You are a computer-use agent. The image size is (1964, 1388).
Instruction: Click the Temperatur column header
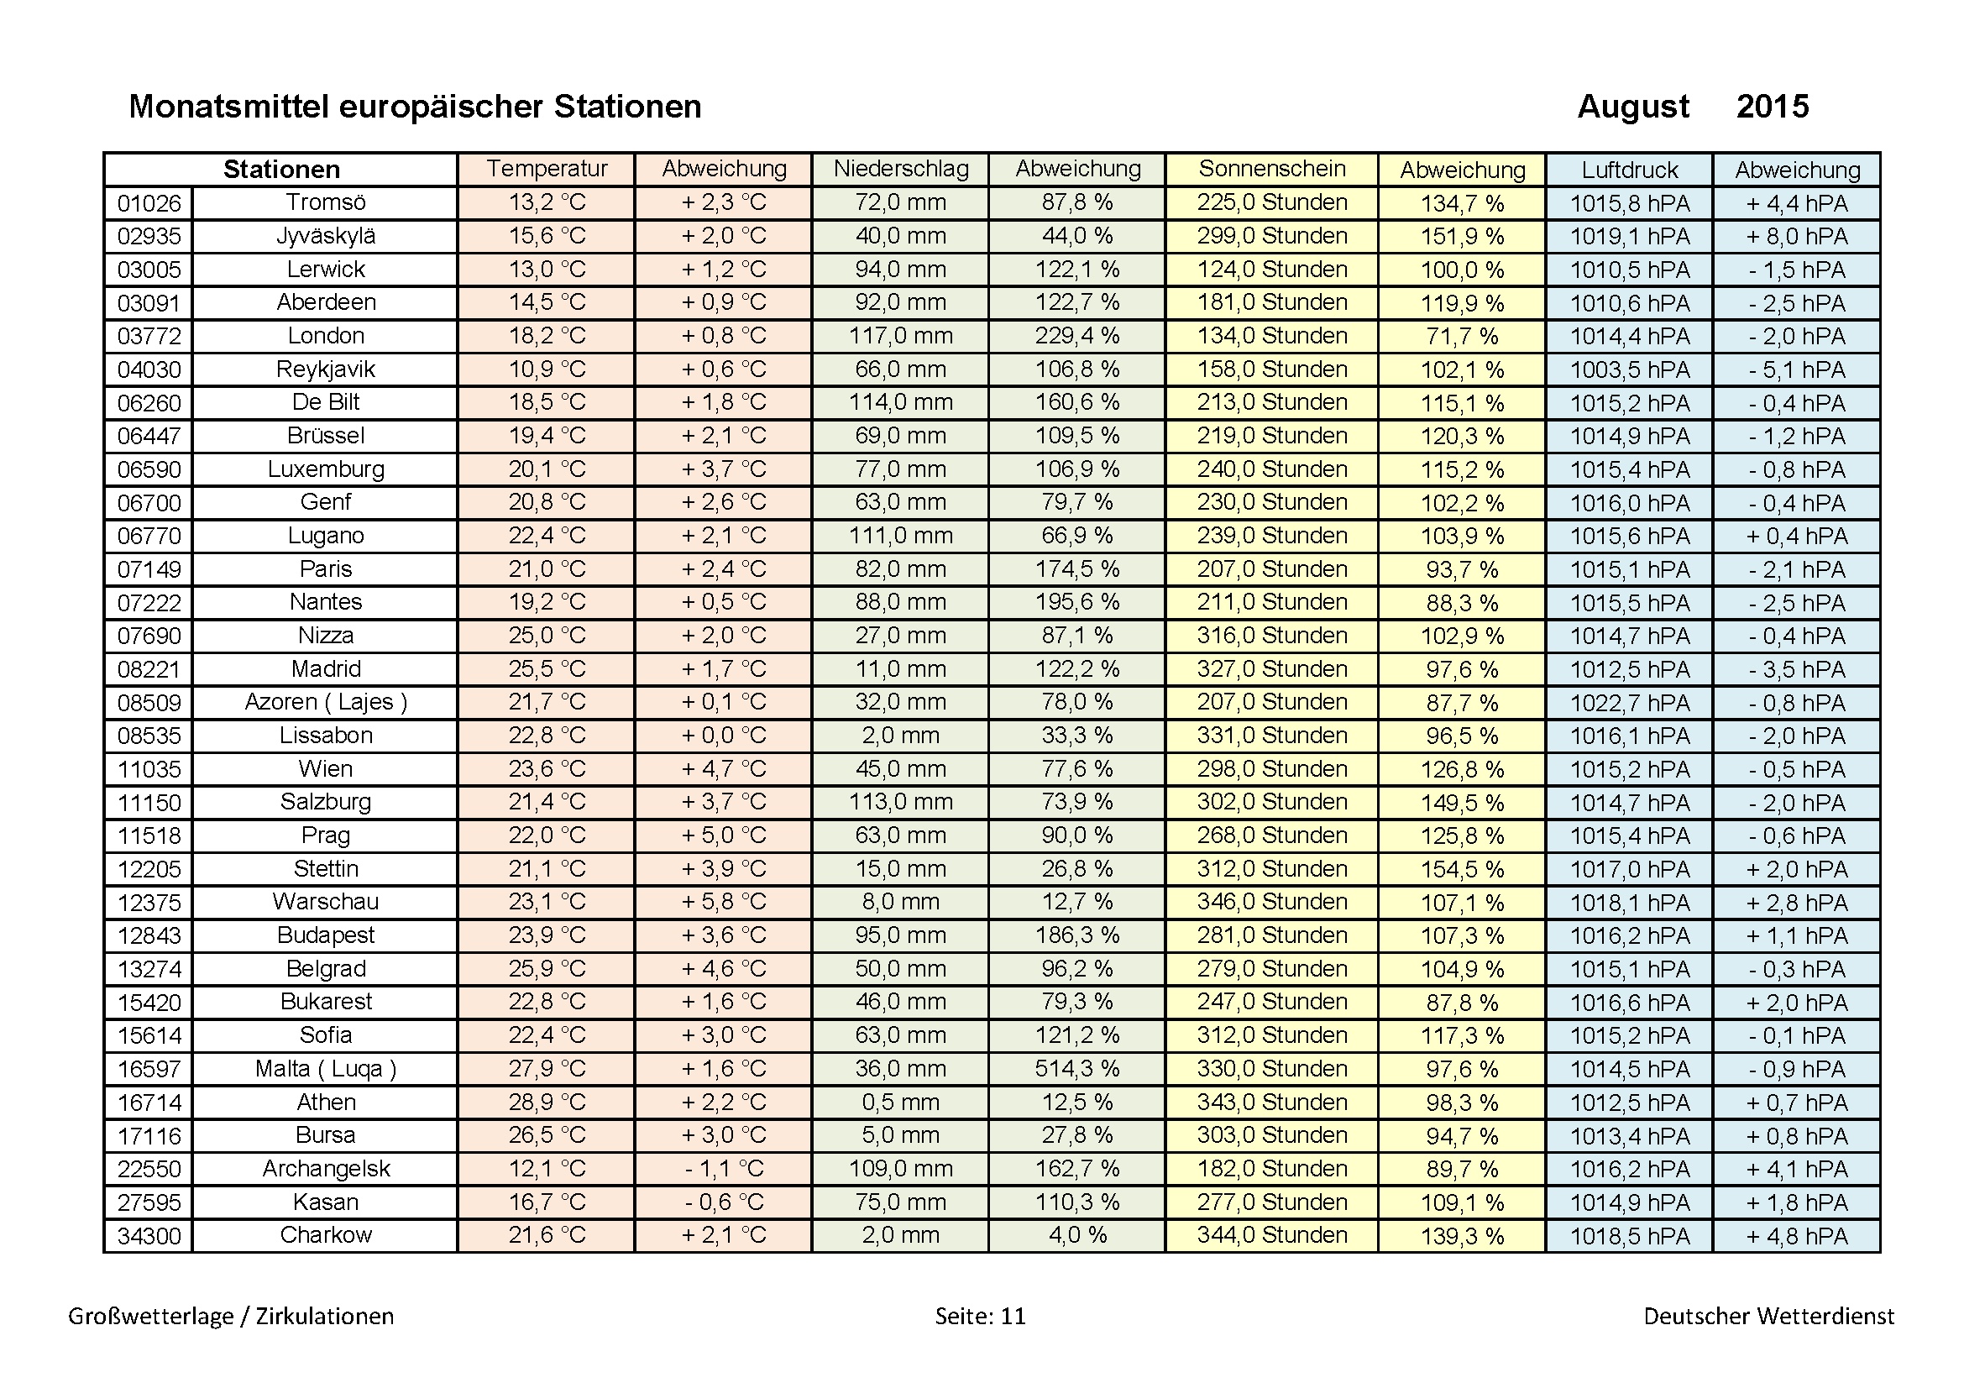547,170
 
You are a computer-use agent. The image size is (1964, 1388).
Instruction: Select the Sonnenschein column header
1271,170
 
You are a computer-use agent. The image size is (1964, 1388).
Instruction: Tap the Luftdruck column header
1629,170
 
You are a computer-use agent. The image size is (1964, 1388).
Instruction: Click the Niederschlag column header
901,170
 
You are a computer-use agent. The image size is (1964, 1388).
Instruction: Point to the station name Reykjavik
325,369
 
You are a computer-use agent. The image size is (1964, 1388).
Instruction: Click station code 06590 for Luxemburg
149,469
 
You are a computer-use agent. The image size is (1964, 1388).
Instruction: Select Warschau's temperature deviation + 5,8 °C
723,903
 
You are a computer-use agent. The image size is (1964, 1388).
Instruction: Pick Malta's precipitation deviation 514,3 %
1077,1069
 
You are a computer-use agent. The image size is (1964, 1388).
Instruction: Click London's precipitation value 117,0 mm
901,336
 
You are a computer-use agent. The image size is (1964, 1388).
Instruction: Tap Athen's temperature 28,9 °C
547,1103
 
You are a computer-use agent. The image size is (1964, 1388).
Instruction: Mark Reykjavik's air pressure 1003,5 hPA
1629,370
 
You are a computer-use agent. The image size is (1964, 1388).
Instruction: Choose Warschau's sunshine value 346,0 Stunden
1271,903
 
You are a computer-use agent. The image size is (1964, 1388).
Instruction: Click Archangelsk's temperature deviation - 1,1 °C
723,1169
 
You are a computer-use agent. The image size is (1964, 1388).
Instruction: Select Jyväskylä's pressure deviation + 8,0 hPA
1796,237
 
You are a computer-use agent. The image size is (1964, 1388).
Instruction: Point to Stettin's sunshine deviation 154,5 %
1462,870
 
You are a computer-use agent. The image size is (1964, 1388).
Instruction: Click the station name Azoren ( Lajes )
325,702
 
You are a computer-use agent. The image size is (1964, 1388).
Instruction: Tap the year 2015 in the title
1772,107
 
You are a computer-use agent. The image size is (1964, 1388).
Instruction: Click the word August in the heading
1632,107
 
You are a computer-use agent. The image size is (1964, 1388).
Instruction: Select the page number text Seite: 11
979,1316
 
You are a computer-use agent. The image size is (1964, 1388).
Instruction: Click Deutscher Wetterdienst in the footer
1768,1316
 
